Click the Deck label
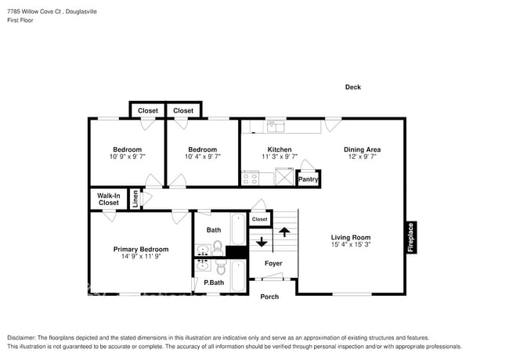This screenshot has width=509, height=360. click(353, 88)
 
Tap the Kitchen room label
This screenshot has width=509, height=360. click(280, 149)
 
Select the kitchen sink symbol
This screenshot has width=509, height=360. click(276, 125)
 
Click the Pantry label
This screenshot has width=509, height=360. click(309, 179)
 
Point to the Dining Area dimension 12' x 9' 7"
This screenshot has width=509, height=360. click(362, 157)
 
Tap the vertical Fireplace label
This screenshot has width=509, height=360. click(410, 237)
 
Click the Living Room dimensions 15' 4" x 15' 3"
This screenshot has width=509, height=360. click(350, 245)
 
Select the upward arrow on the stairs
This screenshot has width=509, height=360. click(283, 232)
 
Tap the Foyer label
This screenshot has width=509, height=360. click(273, 264)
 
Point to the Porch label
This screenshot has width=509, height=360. click(269, 297)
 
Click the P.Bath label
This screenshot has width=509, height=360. click(214, 283)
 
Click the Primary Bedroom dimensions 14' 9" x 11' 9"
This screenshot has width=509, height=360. click(140, 257)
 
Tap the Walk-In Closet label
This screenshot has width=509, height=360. click(109, 200)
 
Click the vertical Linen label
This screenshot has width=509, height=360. click(135, 199)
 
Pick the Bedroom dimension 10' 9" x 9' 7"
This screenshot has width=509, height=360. click(127, 157)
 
